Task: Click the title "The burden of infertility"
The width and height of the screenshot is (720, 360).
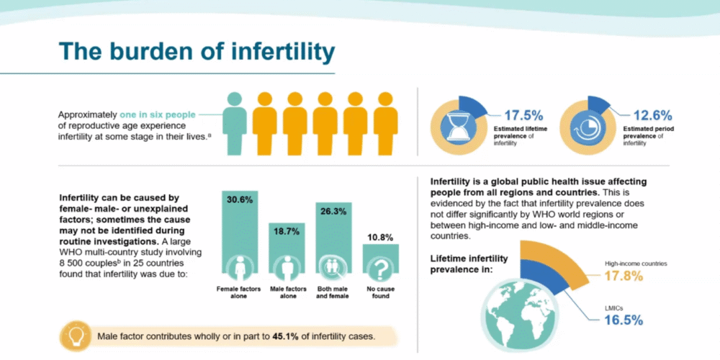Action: click(197, 52)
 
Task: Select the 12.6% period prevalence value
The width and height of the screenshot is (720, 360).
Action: click(652, 115)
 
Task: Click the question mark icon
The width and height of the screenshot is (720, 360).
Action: click(380, 268)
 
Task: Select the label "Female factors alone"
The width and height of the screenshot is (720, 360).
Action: click(240, 292)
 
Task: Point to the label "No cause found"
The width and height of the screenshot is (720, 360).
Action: click(380, 292)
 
